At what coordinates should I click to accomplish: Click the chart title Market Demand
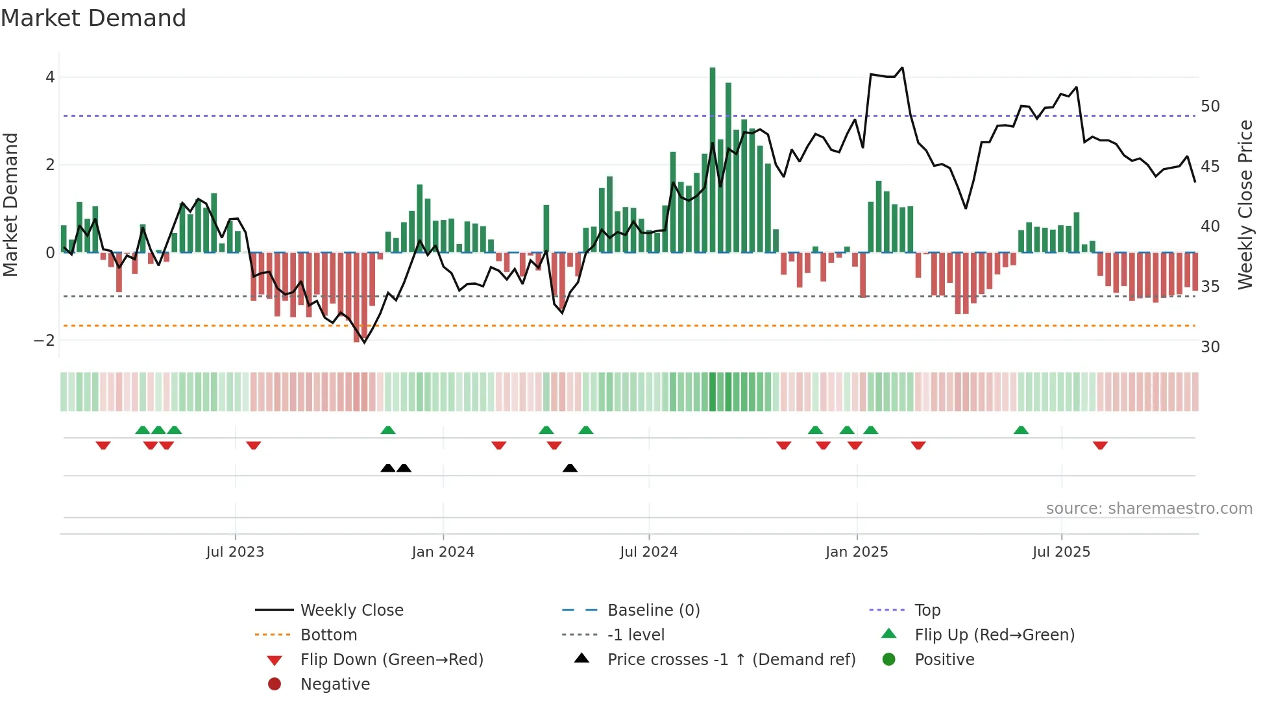pyautogui.click(x=93, y=18)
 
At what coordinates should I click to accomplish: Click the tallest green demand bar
pyautogui.click(x=713, y=160)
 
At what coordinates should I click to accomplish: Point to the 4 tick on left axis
pyautogui.click(x=50, y=77)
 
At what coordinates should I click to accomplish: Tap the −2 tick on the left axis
pyautogui.click(x=44, y=341)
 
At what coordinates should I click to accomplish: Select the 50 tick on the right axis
pyautogui.click(x=1210, y=106)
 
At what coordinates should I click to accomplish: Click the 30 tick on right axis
pyautogui.click(x=1210, y=347)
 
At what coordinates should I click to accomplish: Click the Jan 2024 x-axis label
pyautogui.click(x=443, y=552)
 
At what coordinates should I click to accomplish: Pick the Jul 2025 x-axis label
pyautogui.click(x=1061, y=552)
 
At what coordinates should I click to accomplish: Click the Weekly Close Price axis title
pyautogui.click(x=1245, y=204)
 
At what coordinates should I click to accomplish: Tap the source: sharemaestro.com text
pyautogui.click(x=1149, y=509)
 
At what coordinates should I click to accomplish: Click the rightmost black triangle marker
pyautogui.click(x=570, y=468)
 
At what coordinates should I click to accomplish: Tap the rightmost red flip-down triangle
pyautogui.click(x=1100, y=445)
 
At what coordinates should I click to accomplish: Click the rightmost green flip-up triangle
pyautogui.click(x=1021, y=430)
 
